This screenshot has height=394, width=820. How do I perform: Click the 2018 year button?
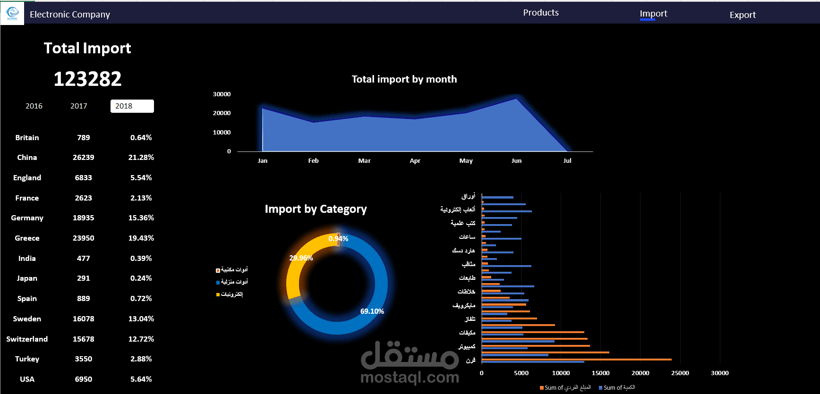[x=132, y=106]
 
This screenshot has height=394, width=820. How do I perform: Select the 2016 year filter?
[x=34, y=106]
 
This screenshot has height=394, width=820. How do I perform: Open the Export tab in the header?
[x=743, y=15]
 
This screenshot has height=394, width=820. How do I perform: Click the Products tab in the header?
[x=541, y=13]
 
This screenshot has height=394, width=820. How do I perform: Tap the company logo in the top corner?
[x=12, y=13]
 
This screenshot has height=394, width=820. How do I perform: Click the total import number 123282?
[x=87, y=79]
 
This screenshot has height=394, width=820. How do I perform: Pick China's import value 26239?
[x=84, y=158]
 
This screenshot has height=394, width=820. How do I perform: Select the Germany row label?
[x=27, y=218]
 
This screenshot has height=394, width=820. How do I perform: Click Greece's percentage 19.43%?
[x=141, y=238]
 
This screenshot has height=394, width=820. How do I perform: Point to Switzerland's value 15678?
[x=84, y=339]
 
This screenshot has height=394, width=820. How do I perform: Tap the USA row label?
[x=27, y=379]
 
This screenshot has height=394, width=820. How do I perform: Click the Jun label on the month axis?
[x=516, y=161]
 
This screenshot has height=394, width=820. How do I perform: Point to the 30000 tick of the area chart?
[x=222, y=94]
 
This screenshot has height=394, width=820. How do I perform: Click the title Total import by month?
[x=404, y=79]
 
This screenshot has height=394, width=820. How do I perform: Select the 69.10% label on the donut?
[x=372, y=311]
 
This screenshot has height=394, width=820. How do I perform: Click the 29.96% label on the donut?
[x=301, y=258]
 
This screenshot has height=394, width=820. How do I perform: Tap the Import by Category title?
[x=316, y=209]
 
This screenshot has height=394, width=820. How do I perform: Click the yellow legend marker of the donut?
[x=218, y=294]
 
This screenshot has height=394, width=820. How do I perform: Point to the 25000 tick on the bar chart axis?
[x=680, y=373]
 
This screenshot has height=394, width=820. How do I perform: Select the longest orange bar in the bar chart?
[x=576, y=360]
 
